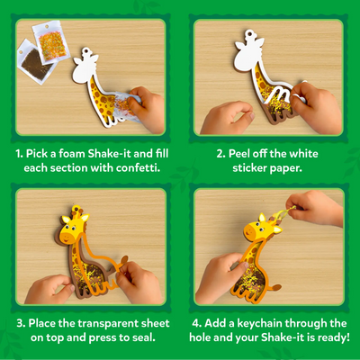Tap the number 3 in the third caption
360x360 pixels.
click(18, 322)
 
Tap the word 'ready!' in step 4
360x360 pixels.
click(321, 337)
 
